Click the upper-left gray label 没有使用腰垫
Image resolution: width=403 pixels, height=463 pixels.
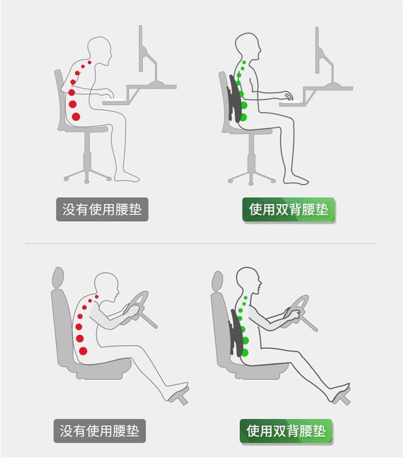102,209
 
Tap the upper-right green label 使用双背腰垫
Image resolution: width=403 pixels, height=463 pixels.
289,210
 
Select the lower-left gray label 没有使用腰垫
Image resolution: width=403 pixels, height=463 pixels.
99,431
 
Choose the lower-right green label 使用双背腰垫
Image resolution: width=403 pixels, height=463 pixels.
287,431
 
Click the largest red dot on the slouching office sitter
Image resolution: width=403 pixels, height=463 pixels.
76,117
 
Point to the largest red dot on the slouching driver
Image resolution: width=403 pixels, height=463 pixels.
83,351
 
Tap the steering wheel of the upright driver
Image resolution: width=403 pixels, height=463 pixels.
297,312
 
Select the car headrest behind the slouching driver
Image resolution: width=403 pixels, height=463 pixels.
58,278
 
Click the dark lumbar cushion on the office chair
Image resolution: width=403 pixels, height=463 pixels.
236,98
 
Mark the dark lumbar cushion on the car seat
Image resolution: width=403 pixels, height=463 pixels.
237,332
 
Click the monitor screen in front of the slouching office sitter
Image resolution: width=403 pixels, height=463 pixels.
141,49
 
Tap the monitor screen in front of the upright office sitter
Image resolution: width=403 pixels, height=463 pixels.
317,50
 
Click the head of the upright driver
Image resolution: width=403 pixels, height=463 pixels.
249,280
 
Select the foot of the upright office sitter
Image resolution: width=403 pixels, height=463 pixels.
296,180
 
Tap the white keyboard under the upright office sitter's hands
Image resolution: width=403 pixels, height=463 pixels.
290,102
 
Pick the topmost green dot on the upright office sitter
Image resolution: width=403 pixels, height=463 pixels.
244,62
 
